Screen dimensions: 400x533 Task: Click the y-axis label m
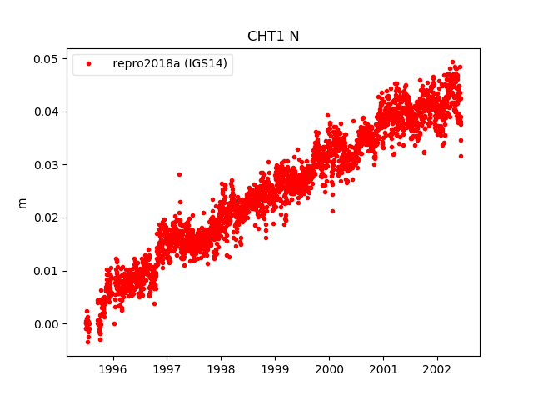click(22, 202)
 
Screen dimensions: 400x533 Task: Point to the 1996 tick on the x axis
click(112, 367)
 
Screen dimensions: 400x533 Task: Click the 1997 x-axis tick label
click(167, 367)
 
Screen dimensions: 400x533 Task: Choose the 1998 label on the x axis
click(221, 367)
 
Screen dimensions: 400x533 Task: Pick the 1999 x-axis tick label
click(275, 367)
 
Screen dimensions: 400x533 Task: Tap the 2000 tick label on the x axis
click(329, 367)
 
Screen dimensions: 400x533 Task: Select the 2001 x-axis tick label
click(383, 367)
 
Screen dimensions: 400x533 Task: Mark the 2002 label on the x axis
click(437, 367)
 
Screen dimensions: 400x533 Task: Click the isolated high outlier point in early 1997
click(179, 174)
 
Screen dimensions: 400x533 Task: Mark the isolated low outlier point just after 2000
click(332, 211)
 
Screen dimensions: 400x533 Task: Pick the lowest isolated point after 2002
click(461, 156)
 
